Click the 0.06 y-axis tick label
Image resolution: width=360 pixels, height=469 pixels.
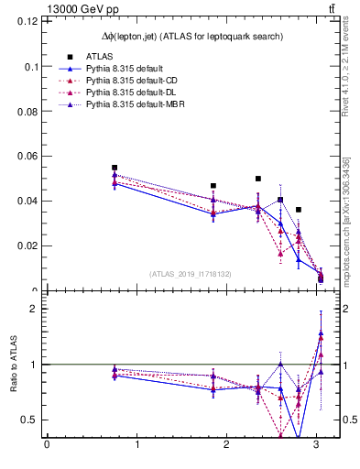29,157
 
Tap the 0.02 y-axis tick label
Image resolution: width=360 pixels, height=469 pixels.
29,245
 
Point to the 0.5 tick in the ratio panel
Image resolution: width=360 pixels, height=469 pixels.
31,420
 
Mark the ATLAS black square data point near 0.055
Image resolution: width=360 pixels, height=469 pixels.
115,168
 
